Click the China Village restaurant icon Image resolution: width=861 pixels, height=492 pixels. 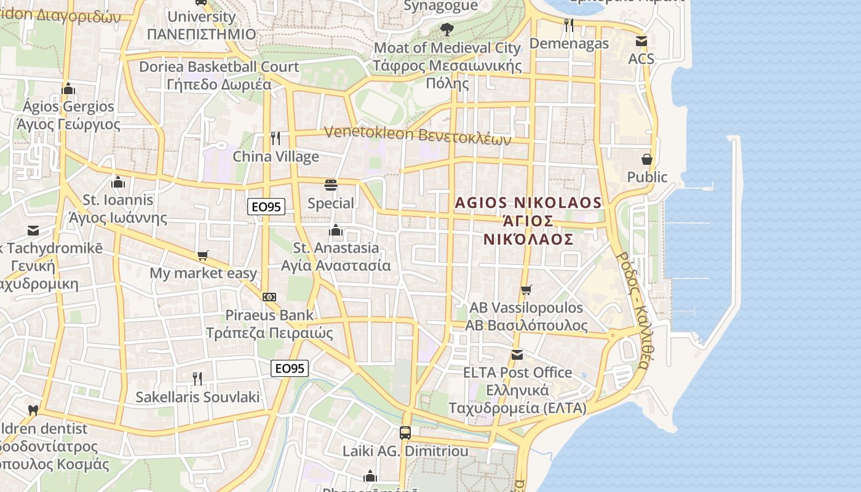[x=276, y=138]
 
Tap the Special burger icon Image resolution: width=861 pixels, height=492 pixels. [x=331, y=184]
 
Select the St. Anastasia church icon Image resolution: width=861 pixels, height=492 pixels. [x=336, y=230]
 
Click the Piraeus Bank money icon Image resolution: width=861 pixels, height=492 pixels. [x=269, y=296]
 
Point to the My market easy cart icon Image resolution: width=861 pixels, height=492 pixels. [x=203, y=255]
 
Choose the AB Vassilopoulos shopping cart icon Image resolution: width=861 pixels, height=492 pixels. [x=526, y=290]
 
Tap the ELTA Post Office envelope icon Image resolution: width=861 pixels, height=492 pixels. [x=517, y=355]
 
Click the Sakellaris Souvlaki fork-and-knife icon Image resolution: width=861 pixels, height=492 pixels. [x=197, y=378]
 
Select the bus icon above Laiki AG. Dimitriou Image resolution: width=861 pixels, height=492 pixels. [x=405, y=432]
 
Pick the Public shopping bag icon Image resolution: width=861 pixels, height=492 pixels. [x=647, y=159]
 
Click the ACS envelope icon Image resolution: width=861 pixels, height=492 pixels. [x=641, y=41]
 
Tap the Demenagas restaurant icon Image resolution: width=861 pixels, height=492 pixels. [x=569, y=25]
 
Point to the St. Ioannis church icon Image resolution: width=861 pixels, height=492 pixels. [x=118, y=182]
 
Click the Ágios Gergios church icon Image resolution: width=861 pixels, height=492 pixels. [x=68, y=89]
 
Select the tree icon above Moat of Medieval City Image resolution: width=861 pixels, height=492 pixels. [x=447, y=29]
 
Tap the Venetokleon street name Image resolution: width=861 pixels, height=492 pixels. [x=418, y=135]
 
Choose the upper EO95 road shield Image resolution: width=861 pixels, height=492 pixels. [x=267, y=207]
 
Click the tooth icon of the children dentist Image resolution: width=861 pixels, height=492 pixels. [x=33, y=410]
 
